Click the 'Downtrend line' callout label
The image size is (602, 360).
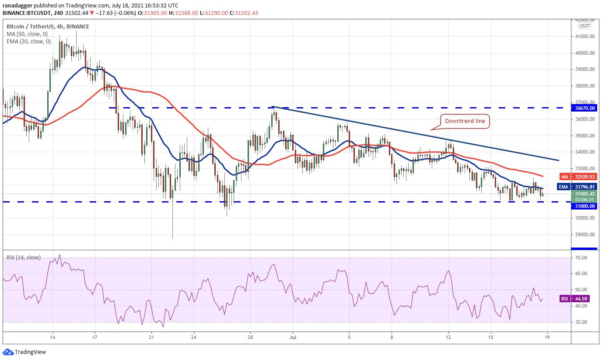tap(465, 121)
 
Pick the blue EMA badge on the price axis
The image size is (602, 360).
tap(564, 187)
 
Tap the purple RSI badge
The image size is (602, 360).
tap(564, 299)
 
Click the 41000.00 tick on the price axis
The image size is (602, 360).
tap(585, 36)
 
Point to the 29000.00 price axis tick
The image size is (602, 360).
tap(585, 234)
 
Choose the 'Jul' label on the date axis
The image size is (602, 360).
tap(293, 337)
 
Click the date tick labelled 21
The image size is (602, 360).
tap(151, 337)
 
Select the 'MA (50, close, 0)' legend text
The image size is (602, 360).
tap(27, 34)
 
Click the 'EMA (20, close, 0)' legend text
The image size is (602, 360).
tap(28, 42)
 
